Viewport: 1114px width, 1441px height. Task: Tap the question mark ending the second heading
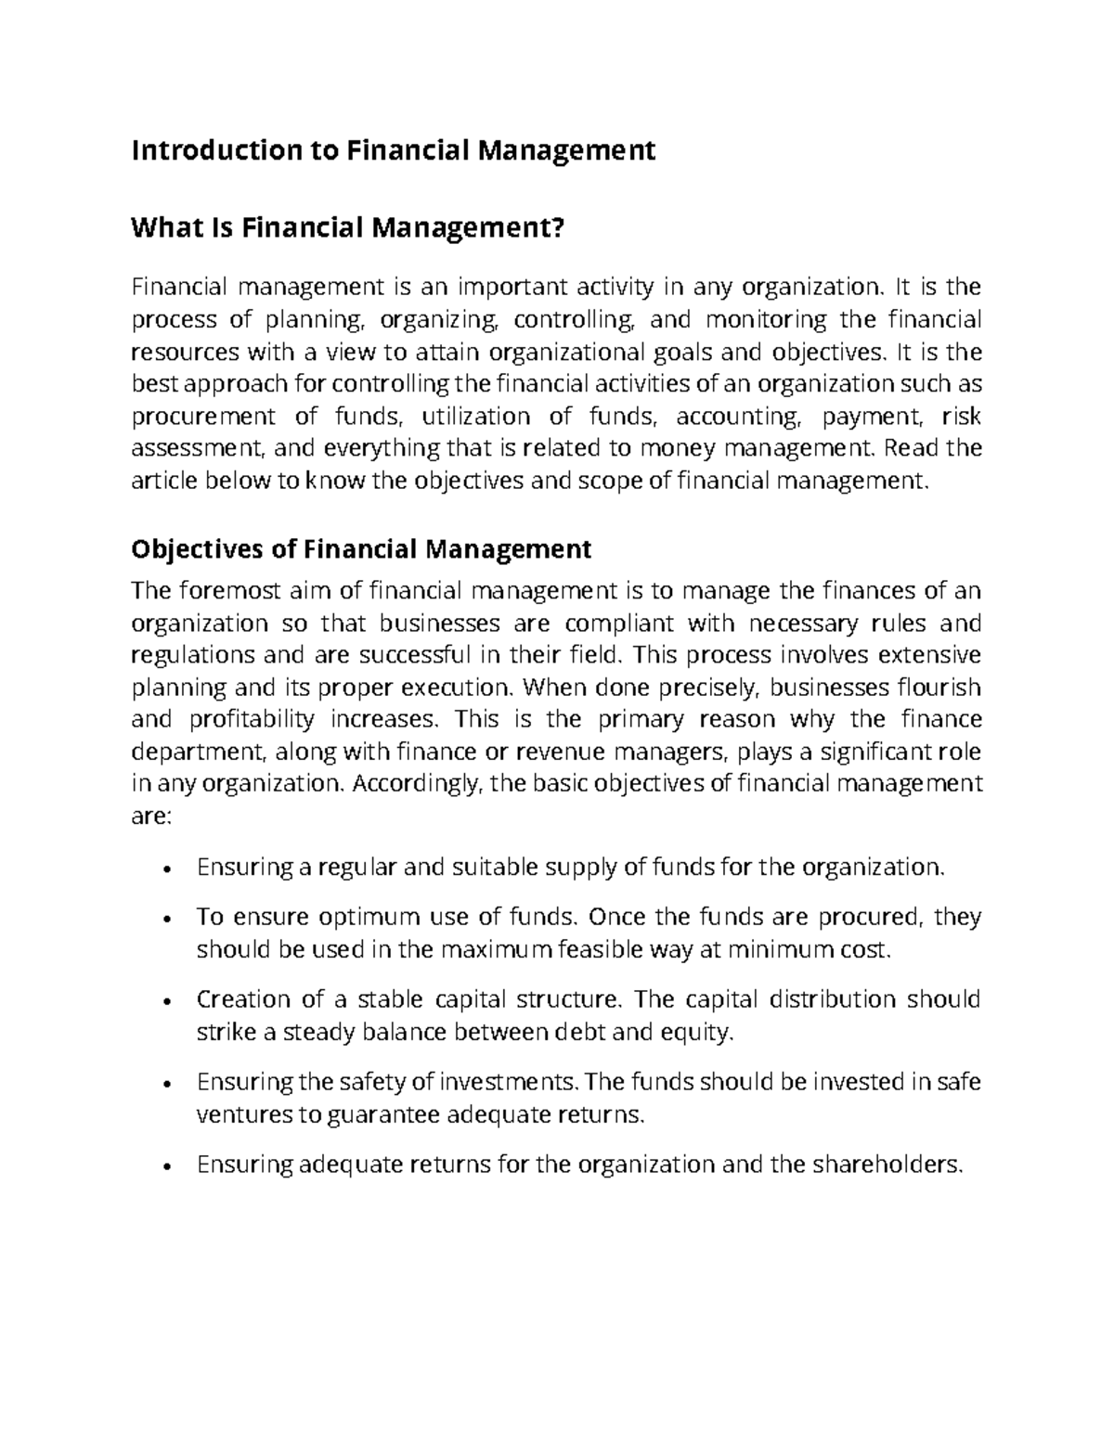(557, 227)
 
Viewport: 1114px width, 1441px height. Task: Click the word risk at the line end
(961, 417)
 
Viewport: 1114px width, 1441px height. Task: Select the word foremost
(218, 591)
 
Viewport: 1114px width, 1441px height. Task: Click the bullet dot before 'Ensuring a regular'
(164, 869)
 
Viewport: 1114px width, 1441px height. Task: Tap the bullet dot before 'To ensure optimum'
(164, 919)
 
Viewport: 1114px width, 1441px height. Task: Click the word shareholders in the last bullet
(887, 1164)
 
